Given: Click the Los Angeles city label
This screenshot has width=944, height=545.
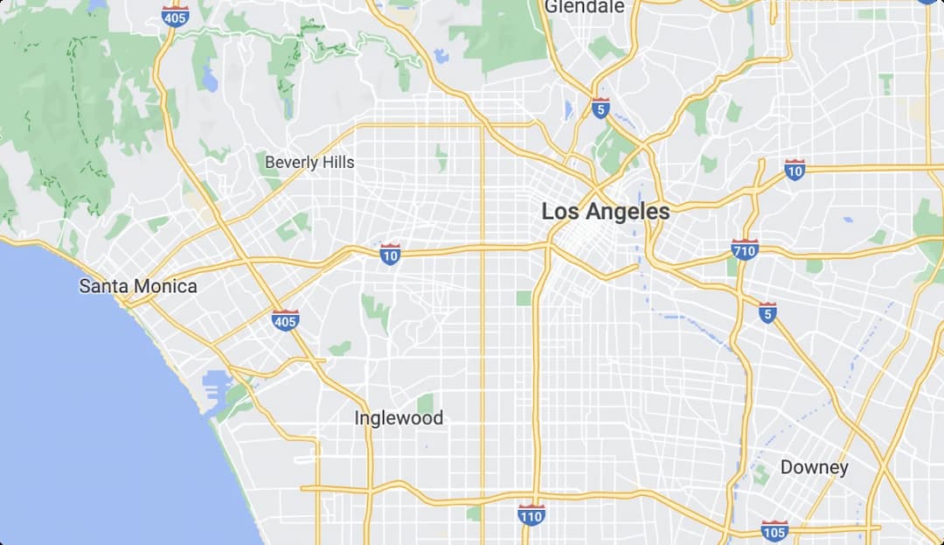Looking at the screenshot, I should pos(606,211).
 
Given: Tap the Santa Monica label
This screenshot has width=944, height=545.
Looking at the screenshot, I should pos(138,286).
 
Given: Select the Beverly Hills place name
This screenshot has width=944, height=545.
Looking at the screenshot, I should pos(309,162).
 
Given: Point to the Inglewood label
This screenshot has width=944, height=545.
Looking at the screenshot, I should pos(399,418).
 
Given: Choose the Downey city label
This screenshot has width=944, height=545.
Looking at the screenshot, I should pos(814,467).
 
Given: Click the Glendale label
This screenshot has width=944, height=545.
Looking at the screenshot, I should pos(584,7).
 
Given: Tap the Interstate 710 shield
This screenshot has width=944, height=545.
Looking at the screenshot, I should pos(745,250).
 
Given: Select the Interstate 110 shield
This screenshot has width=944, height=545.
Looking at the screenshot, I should pos(531,514).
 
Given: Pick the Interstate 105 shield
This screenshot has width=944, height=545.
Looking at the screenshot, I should pos(774,530).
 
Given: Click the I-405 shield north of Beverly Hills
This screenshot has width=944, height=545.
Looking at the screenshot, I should pos(176,16).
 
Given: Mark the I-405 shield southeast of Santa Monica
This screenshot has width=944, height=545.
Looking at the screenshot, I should pos(285,320).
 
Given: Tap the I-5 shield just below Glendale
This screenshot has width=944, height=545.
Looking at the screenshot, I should pos(600,108).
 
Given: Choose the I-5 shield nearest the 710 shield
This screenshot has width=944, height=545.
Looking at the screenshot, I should pos(767,312).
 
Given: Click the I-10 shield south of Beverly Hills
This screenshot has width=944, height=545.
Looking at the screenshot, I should pos(391,255).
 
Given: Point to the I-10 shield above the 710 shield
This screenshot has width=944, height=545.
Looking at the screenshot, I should pos(795,170).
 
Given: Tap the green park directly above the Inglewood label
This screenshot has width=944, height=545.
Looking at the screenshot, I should pos(426,403).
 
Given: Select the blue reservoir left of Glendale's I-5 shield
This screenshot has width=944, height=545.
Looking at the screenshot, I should pos(569,110).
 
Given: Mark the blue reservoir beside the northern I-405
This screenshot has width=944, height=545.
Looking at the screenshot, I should pos(210,79).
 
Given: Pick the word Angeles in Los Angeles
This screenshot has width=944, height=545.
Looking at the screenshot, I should pos(628,211).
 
